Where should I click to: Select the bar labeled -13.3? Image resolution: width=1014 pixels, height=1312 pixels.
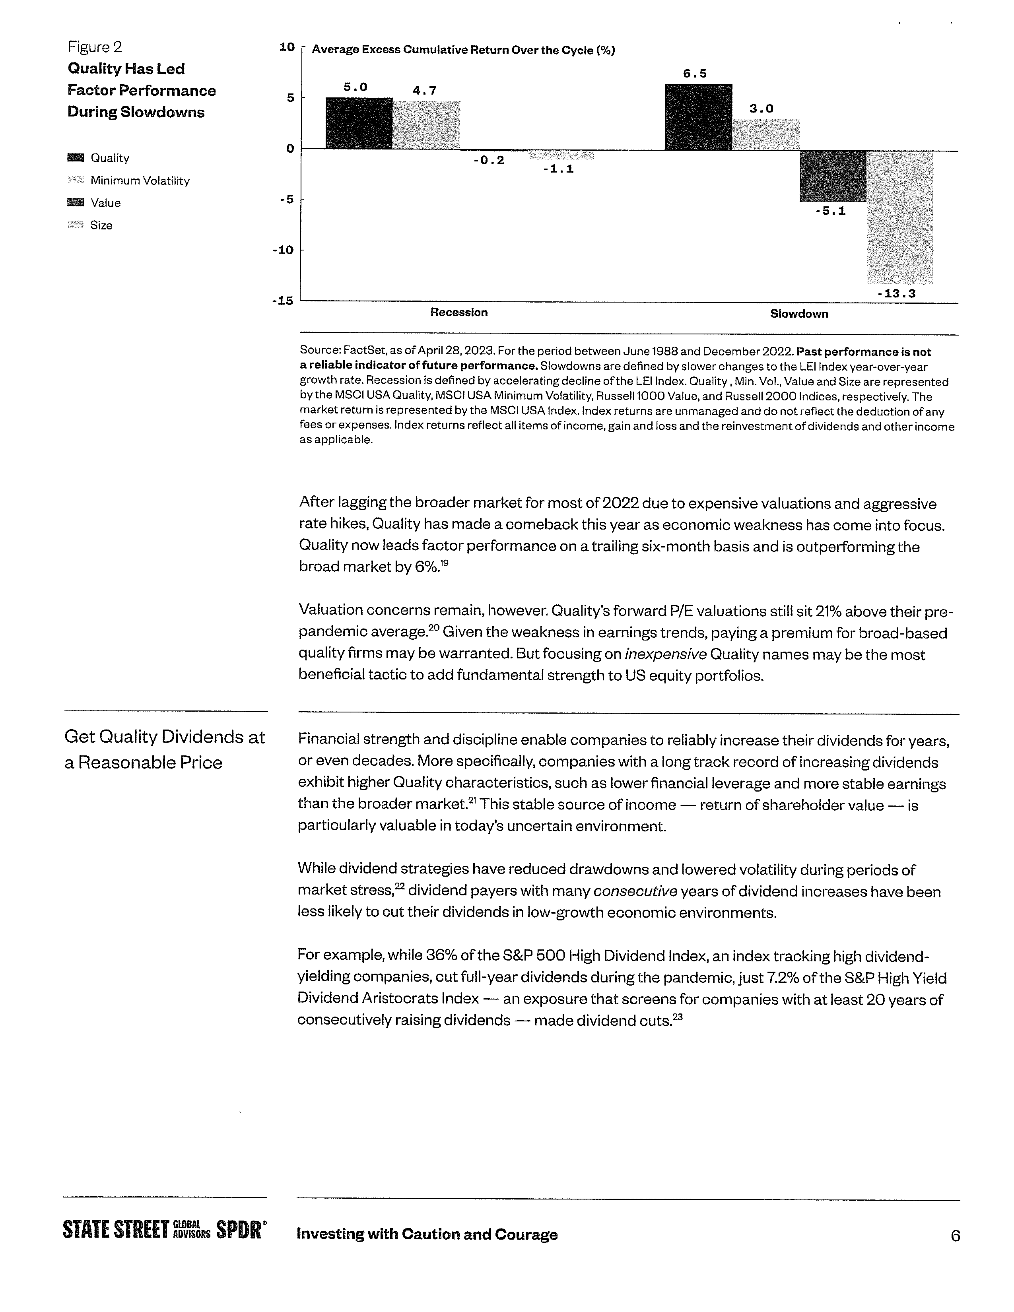pos(900,217)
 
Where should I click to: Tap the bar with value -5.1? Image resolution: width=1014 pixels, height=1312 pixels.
pos(833,176)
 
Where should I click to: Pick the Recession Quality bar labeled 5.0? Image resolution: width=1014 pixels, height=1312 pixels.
pos(359,123)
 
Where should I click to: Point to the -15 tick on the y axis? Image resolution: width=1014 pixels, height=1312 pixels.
pos(282,300)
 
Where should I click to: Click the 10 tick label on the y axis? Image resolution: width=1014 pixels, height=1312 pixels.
pos(287,47)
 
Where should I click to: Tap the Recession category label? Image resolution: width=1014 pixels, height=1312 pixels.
pos(459,312)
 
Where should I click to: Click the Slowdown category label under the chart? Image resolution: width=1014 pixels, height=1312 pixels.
pos(799,314)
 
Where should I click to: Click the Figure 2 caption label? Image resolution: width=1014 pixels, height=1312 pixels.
pos(95,47)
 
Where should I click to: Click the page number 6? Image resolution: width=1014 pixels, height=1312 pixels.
pos(955,1236)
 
